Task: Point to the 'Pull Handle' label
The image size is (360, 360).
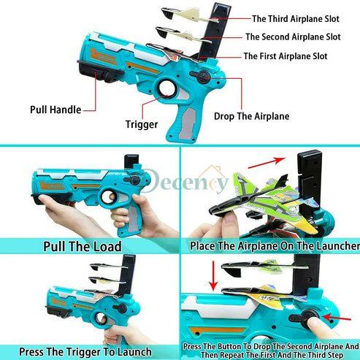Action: [x=55, y=109]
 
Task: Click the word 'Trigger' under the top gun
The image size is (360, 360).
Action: [x=142, y=124]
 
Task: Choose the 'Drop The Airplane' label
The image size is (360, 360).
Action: [x=251, y=116]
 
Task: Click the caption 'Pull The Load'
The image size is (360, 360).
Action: [x=82, y=246]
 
